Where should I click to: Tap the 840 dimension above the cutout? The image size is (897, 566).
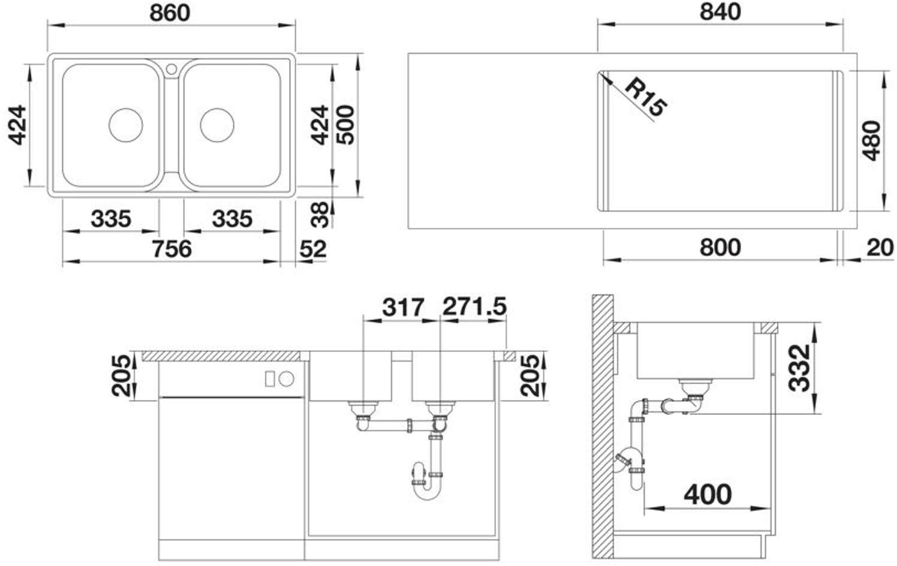coord(720,12)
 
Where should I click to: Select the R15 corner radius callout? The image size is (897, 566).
coord(646,103)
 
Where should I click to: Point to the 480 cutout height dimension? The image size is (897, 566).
coord(872,141)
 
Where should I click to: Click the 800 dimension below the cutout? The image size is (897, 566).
coord(720,248)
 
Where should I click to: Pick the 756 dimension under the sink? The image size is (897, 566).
coord(172,249)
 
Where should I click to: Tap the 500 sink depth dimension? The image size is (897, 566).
coord(345,125)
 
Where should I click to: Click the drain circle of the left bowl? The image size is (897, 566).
coord(126,125)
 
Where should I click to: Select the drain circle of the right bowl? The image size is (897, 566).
coord(217,125)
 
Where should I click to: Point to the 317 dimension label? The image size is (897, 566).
coord(403,308)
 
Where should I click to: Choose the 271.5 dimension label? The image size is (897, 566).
coord(474,307)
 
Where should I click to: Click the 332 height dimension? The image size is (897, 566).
coord(799,368)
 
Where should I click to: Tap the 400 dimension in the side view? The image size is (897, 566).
coord(708,495)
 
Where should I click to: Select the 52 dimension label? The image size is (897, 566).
coord(313,249)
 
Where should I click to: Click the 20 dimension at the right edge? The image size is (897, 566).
coord(880,248)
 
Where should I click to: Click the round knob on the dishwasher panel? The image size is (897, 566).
coord(287,378)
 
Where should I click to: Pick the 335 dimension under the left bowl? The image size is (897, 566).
coord(111,219)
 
